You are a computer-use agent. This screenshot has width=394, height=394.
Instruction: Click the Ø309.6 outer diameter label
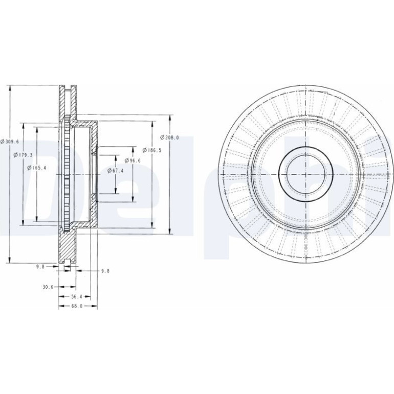(10, 141)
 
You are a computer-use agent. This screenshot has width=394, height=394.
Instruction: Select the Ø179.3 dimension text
(23, 155)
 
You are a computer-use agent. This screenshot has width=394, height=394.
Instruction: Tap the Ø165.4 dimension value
(37, 168)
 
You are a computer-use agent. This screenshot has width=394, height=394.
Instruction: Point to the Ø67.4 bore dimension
(115, 170)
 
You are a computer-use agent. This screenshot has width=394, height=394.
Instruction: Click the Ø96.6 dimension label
(133, 160)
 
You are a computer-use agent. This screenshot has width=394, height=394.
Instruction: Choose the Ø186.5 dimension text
(152, 150)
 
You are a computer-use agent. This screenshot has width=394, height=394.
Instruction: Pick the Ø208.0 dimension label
(169, 138)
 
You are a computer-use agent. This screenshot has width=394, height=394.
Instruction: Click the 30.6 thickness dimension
(48, 287)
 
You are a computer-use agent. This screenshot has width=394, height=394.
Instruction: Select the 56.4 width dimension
(77, 297)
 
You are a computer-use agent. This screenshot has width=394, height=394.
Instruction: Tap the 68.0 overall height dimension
(77, 307)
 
